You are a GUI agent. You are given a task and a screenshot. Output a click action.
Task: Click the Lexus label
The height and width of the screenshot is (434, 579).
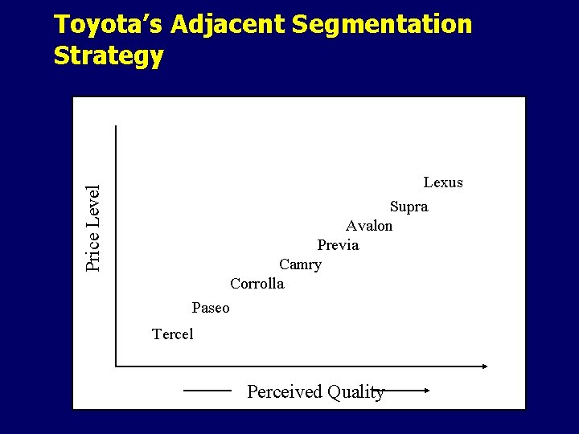pyautogui.click(x=443, y=182)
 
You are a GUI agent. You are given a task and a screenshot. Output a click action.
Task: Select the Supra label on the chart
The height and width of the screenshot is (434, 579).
pyautogui.click(x=409, y=207)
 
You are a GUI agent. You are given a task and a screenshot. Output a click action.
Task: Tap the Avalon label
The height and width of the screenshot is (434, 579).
pyautogui.click(x=369, y=226)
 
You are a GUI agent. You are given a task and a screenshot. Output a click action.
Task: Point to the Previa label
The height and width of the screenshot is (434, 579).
pyautogui.click(x=338, y=245)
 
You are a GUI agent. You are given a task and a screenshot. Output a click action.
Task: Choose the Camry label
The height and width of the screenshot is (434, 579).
pyautogui.click(x=300, y=264)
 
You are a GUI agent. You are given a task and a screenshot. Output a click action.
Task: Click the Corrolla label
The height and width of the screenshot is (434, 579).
pyautogui.click(x=257, y=284)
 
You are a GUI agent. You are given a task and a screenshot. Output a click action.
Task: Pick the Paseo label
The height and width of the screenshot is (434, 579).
pyautogui.click(x=211, y=308)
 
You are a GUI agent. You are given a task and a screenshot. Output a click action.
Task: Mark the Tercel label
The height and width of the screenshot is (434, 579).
pyautogui.click(x=173, y=334)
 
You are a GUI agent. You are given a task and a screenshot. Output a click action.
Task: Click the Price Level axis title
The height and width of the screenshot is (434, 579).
pyautogui.click(x=93, y=228)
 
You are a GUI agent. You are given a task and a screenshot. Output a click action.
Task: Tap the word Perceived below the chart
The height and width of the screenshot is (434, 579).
pyautogui.click(x=283, y=392)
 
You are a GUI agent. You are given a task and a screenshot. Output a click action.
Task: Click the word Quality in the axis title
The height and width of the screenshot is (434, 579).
pyautogui.click(x=354, y=392)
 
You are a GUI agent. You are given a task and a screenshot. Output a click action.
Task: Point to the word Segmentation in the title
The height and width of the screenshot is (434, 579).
pyautogui.click(x=382, y=25)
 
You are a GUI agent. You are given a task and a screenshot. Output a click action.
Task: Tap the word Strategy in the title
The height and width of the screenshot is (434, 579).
pyautogui.click(x=109, y=55)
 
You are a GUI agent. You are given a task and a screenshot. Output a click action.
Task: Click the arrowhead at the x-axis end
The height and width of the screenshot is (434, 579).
pyautogui.click(x=484, y=366)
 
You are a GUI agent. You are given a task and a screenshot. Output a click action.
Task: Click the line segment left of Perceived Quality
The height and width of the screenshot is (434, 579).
pyautogui.click(x=207, y=391)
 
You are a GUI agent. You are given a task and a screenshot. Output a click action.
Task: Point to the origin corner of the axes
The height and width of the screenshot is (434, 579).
pyautogui.click(x=116, y=366)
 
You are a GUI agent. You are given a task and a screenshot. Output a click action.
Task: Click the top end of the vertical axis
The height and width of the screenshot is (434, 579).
pyautogui.click(x=116, y=127)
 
